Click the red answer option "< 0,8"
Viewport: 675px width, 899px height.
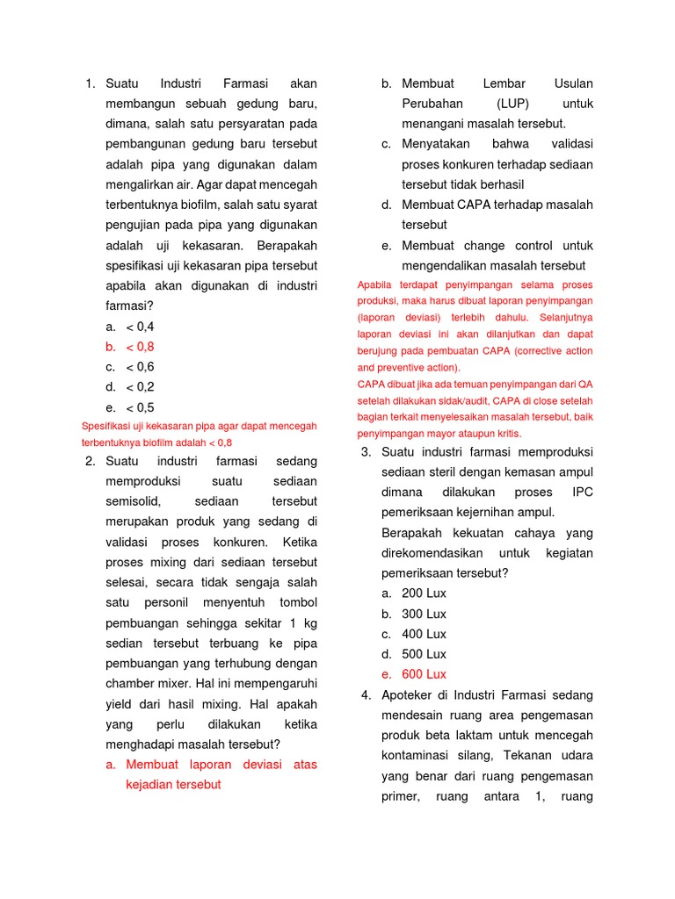[x=140, y=347]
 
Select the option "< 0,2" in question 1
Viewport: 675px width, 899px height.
[x=140, y=387]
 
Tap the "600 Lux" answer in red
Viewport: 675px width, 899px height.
[x=424, y=674]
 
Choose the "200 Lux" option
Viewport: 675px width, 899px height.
[x=424, y=593]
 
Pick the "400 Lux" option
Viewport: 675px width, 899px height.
[x=424, y=634]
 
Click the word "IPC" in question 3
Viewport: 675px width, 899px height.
[x=582, y=492]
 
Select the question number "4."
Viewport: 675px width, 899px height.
[x=367, y=695]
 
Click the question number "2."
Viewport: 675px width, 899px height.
[x=90, y=461]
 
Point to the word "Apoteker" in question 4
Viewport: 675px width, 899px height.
[x=408, y=695]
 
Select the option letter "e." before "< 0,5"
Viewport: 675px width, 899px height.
[x=111, y=407]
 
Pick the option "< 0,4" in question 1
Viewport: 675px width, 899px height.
[x=140, y=327]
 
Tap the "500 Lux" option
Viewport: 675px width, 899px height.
[x=424, y=654]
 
